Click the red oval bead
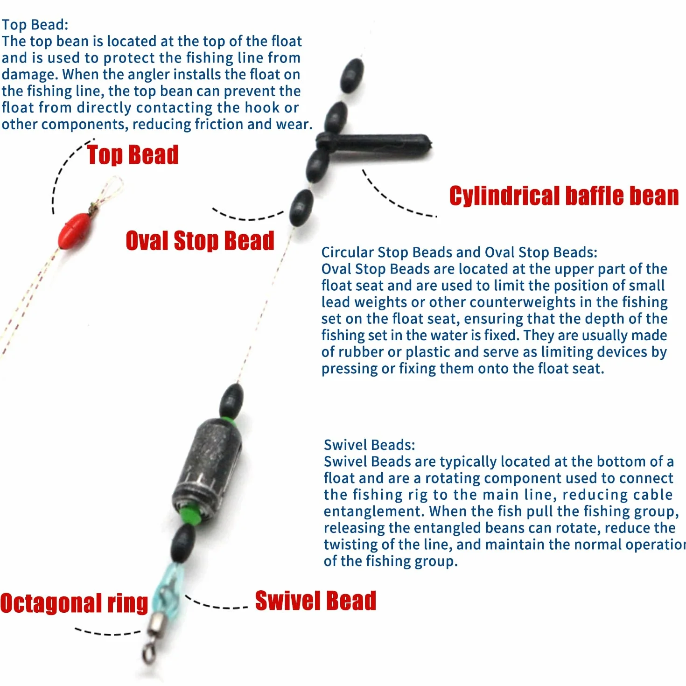(75, 231)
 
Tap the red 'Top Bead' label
(133, 155)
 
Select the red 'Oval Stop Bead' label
(200, 241)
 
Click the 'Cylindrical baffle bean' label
(564, 196)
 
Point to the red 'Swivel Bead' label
(315, 601)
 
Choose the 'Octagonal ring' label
(74, 603)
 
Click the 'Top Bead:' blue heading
(35, 25)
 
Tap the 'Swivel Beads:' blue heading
(369, 445)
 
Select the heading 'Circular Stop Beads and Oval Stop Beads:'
(459, 252)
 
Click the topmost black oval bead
(352, 76)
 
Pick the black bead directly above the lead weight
(231, 401)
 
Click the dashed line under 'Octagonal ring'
(107, 632)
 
